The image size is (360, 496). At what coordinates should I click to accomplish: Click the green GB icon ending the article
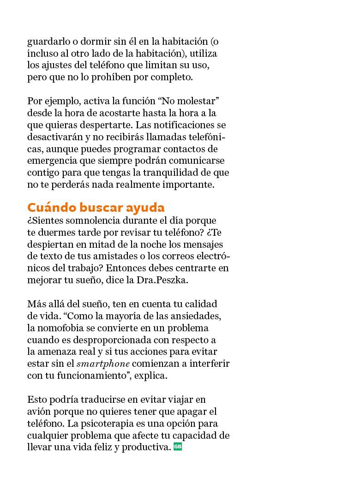coord(178,447)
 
